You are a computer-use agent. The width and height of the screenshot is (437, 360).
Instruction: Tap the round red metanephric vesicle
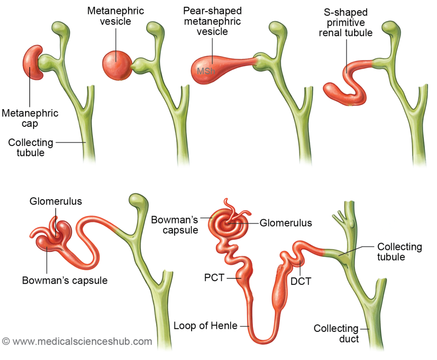pos(117,65)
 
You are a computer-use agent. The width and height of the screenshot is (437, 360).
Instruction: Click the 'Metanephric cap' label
pos(30,119)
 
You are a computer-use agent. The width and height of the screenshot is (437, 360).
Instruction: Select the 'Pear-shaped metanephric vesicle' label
pos(212,22)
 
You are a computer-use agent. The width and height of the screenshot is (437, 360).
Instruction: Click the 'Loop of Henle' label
pos(205,326)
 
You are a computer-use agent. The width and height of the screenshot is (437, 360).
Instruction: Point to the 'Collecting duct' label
pos(336,334)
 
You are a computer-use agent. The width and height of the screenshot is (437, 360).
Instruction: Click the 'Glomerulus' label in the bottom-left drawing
pos(55,201)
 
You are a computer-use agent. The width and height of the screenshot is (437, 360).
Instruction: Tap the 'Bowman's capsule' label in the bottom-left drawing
pos(65,280)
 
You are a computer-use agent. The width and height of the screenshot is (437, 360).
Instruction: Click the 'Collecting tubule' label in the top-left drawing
pos(31,147)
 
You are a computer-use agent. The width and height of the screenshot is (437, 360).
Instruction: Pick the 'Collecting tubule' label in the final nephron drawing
pos(399,252)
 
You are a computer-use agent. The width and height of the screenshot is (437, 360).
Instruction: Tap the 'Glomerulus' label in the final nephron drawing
pos(286,223)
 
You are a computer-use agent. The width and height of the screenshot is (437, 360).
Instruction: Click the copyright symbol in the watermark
pos(6,341)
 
